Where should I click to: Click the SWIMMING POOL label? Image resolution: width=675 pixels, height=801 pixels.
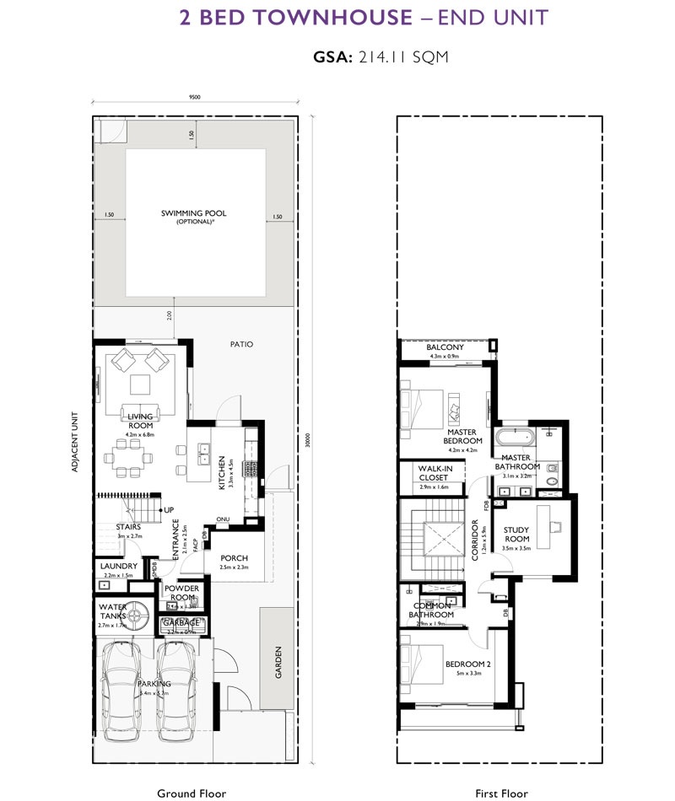pos(193,213)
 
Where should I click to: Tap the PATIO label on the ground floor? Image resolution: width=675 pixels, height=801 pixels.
pos(240,344)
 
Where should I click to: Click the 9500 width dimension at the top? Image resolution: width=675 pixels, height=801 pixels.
pos(194,97)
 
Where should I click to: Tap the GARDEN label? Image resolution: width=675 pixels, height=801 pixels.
pos(278,662)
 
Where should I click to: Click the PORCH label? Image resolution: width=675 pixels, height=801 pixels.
pos(233,558)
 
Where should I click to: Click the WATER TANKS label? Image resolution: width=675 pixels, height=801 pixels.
pos(112,611)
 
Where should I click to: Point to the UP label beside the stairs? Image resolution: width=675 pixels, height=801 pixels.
pos(169,510)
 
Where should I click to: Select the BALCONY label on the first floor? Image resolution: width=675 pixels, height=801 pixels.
pos(445,347)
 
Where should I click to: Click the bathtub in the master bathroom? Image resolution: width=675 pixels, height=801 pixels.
pos(513,438)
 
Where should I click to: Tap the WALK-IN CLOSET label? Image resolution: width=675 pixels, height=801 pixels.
pos(433,473)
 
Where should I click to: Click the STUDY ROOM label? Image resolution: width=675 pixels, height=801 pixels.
pos(516,535)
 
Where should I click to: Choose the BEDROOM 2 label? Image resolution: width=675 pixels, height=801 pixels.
pos(468,664)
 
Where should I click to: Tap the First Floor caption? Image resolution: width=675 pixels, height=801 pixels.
pos(500,793)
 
